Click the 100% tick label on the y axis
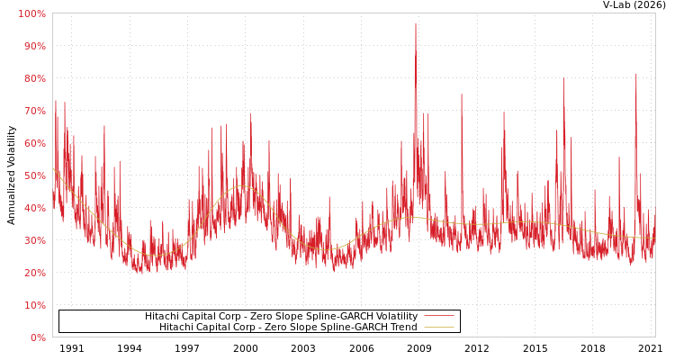click(31, 13)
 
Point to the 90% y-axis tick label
click(32, 46)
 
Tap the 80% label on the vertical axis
click(32, 78)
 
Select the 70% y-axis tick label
click(32, 111)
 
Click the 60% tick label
click(32, 143)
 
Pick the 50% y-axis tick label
click(32, 175)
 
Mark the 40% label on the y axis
click(32, 208)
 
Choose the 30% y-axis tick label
click(32, 240)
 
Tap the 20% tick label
click(32, 273)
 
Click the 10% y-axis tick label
click(32, 305)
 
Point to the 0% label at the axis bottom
click(37, 337)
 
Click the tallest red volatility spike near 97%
click(416, 24)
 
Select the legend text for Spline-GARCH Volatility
click(281, 317)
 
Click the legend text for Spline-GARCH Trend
click(288, 328)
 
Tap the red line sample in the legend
click(438, 317)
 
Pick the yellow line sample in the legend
click(438, 328)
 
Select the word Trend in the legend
click(402, 328)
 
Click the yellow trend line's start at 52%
click(53, 168)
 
